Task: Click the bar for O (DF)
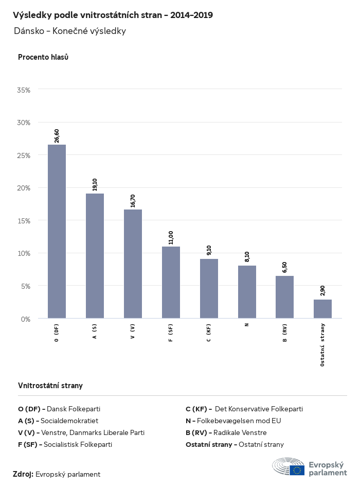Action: point(57,232)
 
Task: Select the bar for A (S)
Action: point(95,256)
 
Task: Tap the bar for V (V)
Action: point(133,264)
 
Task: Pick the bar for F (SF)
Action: point(171,282)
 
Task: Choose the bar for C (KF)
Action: point(209,288)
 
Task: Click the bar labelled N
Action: point(247,292)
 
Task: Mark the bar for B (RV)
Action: point(284,297)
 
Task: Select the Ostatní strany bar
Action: point(322,309)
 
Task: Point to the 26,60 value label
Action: point(57,136)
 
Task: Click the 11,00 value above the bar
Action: point(171,238)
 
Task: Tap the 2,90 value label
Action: point(322,290)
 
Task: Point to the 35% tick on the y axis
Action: point(24,90)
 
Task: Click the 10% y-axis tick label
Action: point(24,253)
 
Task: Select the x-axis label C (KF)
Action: point(209,334)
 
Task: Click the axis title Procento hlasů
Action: point(43,57)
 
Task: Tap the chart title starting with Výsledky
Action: point(113,15)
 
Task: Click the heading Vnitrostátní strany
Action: point(50,386)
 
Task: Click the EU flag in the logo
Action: point(297,470)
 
